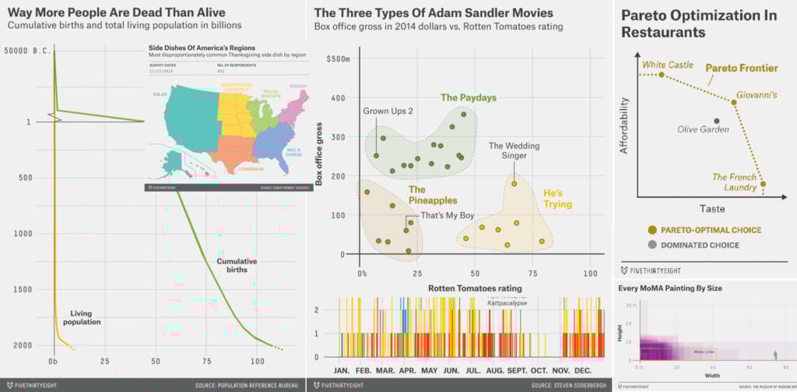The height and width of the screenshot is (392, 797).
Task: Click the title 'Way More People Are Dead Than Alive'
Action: tap(117, 12)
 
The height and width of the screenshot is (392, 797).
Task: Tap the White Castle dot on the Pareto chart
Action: tap(662, 75)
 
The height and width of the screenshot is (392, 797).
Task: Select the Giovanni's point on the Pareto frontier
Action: tap(733, 102)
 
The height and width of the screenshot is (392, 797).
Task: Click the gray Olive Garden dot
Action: tap(717, 121)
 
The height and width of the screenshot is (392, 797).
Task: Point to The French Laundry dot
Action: tap(763, 185)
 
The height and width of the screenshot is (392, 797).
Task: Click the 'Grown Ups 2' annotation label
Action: tap(388, 111)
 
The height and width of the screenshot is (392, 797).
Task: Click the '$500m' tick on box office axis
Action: tap(339, 59)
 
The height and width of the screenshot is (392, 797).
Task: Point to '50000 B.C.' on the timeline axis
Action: tap(26, 51)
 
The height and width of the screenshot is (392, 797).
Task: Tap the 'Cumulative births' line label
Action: tap(237, 266)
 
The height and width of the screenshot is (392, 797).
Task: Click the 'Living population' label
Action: tap(81, 317)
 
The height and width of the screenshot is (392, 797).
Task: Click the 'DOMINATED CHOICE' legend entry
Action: tap(700, 245)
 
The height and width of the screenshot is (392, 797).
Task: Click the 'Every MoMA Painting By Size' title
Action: tap(670, 288)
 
